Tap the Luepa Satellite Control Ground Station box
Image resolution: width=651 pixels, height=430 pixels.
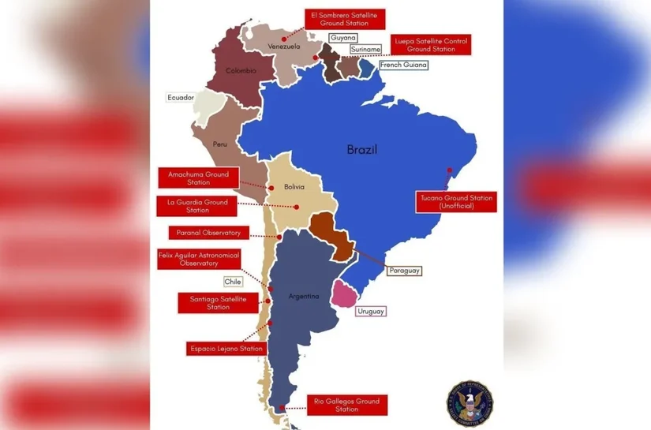pos(431,44)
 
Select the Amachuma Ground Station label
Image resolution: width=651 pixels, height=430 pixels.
pos(193,178)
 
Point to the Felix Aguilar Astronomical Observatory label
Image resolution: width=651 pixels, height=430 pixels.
pos(198,260)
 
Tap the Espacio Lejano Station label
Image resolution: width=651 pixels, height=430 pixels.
pos(226,348)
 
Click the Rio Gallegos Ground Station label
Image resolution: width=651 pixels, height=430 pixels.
pos(346,406)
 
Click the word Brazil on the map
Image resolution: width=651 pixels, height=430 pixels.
pos(362,149)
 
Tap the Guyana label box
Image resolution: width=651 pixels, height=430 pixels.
pos(342,38)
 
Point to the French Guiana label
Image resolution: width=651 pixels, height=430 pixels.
pos(403,65)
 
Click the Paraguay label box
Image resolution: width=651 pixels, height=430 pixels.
pos(403,271)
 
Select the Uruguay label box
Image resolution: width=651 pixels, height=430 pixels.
pos(371,312)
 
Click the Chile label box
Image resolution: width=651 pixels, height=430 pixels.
pos(233,281)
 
